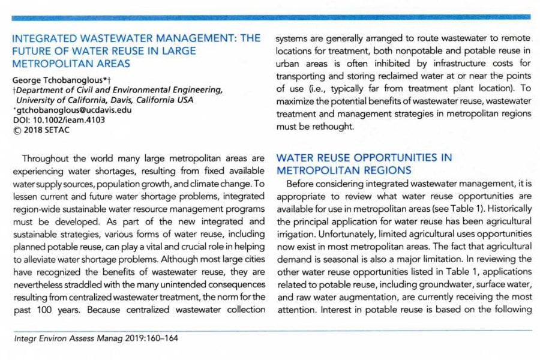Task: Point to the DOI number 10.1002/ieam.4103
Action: click(x=66, y=119)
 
